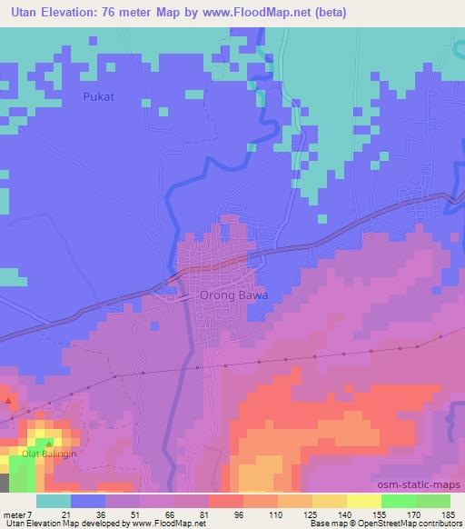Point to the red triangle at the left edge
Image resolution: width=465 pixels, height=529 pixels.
click(8, 400)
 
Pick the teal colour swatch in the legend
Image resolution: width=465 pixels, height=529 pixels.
click(53, 501)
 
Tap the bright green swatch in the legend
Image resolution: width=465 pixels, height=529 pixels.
click(398, 501)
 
